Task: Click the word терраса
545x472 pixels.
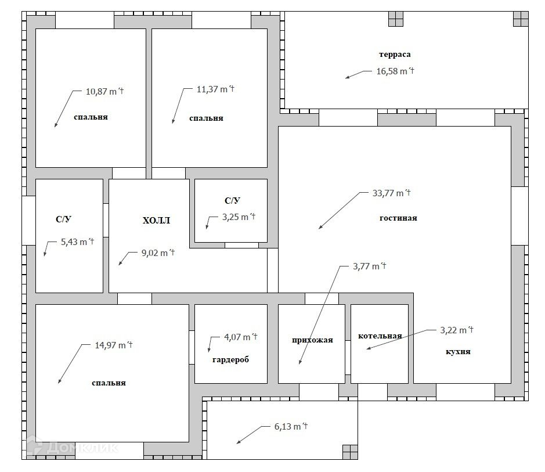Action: tap(395, 54)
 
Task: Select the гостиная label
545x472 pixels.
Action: tap(398, 218)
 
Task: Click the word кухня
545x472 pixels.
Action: tap(458, 351)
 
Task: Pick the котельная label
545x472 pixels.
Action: tap(380, 336)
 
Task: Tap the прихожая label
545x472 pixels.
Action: tap(312, 340)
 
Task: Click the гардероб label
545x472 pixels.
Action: tap(231, 360)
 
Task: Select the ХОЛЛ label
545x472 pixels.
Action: tap(156, 221)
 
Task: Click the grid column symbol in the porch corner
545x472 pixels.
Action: tap(350, 452)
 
